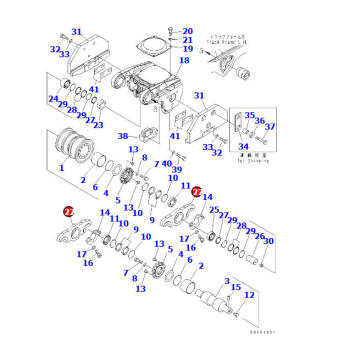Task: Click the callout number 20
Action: [x=187, y=31]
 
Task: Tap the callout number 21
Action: [x=187, y=40]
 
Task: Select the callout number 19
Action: [x=187, y=49]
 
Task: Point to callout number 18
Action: [x=183, y=61]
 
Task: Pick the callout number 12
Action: [x=249, y=296]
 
